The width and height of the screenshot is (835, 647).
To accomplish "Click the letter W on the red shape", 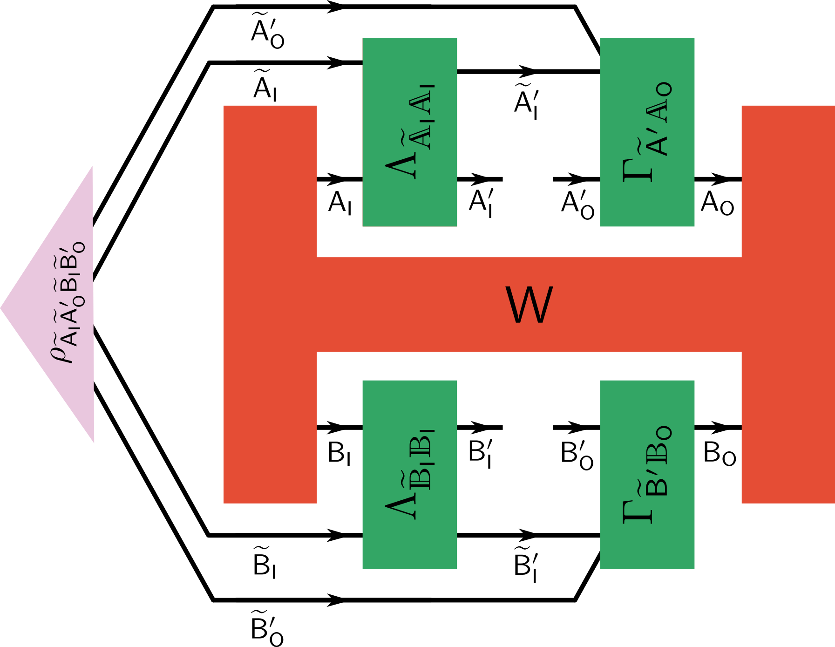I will point(529,305).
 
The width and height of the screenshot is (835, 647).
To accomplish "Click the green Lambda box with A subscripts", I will point(410,132).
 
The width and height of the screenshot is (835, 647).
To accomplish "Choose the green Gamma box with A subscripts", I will point(647,132).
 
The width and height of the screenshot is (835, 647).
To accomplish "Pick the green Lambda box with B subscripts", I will point(410,474).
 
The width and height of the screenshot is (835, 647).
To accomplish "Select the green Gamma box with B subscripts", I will point(647,474).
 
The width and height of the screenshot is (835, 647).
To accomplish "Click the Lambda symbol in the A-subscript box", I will point(401,163).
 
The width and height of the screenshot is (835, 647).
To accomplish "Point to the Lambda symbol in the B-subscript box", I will point(401,505).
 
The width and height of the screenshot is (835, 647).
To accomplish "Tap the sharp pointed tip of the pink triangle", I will point(2,307).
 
